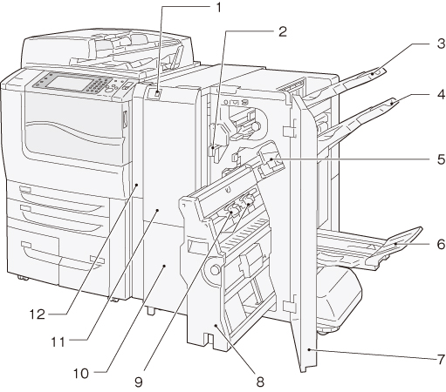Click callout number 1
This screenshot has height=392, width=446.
coord(218,8)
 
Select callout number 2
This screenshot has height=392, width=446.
coord(283,31)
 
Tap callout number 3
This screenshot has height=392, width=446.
coord(442,44)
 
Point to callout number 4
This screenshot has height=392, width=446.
coord(442,95)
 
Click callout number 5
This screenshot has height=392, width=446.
coord(442,159)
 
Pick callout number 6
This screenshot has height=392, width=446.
coord(441,244)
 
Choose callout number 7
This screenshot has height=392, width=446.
coord(442,359)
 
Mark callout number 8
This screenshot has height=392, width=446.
coord(260,382)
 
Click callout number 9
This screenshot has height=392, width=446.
coord(139,382)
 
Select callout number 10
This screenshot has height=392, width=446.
coord(81,374)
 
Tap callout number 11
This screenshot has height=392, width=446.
coord(58,342)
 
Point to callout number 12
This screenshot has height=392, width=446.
coord(38,314)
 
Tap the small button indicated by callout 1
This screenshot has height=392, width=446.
coord(157,93)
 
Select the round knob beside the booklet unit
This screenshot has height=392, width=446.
coord(215,270)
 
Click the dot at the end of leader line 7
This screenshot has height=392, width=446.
coord(309,350)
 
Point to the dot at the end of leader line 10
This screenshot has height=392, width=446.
coord(164,266)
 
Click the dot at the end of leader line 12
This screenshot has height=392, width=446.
coord(137,185)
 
